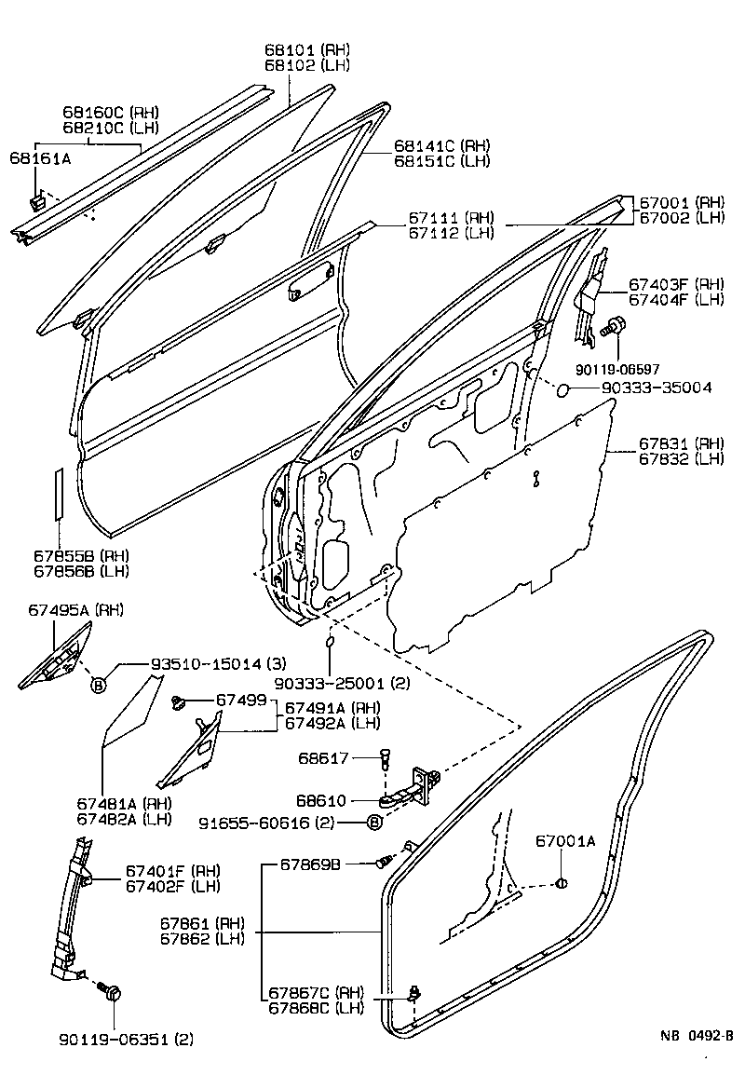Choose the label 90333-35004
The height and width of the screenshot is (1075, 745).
[657, 388]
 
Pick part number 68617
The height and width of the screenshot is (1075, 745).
[322, 758]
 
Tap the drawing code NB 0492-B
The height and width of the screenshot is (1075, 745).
[698, 1034]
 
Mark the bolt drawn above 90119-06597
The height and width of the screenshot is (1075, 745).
[615, 327]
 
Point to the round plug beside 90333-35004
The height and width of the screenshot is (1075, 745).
[562, 388]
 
